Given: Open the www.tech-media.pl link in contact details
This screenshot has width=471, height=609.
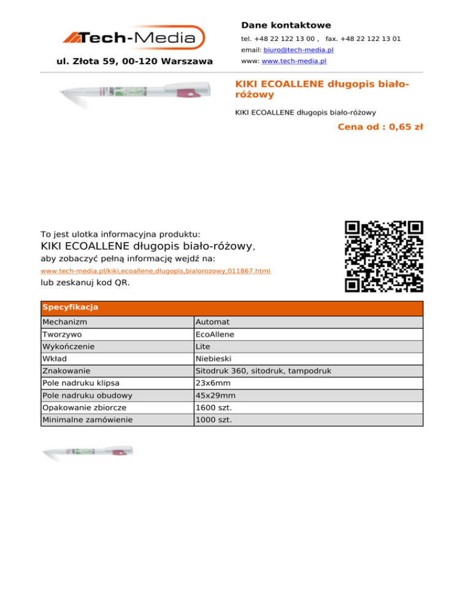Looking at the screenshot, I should click(294, 61).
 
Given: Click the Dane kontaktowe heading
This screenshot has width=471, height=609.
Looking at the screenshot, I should click(286, 25).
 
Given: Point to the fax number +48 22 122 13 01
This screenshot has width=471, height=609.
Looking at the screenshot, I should click(363, 39).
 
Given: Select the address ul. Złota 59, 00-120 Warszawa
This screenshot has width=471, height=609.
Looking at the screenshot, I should click(134, 61).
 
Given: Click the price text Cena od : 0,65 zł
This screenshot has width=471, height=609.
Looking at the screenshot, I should click(380, 127).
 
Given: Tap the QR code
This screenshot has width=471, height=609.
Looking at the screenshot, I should click(384, 256).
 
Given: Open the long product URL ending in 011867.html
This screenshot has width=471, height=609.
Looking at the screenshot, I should click(155, 270).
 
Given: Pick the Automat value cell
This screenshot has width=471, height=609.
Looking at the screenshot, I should click(212, 322).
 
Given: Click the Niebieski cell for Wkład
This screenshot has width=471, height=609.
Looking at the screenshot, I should click(212, 358).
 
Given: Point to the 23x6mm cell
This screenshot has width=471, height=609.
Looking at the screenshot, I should click(212, 383).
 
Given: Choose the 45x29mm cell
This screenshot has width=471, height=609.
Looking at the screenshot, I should click(215, 395).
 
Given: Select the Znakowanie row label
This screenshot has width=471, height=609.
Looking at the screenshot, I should click(67, 371).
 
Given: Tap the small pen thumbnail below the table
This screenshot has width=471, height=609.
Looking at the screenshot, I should click(88, 453).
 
